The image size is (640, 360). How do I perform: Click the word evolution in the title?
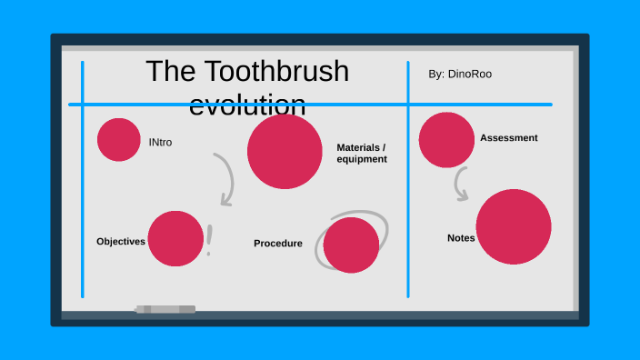247,105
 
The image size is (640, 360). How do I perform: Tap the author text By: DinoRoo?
460,74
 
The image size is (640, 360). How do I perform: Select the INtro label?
160,143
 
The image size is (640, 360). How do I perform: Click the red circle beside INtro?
119,139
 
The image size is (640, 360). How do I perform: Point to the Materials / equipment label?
362,153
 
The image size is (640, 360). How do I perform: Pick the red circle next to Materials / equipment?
285,152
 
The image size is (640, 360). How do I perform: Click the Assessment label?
508,138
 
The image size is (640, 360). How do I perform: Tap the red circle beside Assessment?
446,140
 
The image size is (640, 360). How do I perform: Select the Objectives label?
121,242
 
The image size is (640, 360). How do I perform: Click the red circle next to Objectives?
175,238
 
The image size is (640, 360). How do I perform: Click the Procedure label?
278,244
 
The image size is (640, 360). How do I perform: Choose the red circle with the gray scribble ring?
351,245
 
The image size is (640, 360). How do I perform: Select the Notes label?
461,238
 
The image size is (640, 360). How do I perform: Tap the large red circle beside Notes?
514,227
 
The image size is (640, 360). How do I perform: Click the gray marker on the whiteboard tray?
165,310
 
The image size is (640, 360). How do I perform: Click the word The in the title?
166,72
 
